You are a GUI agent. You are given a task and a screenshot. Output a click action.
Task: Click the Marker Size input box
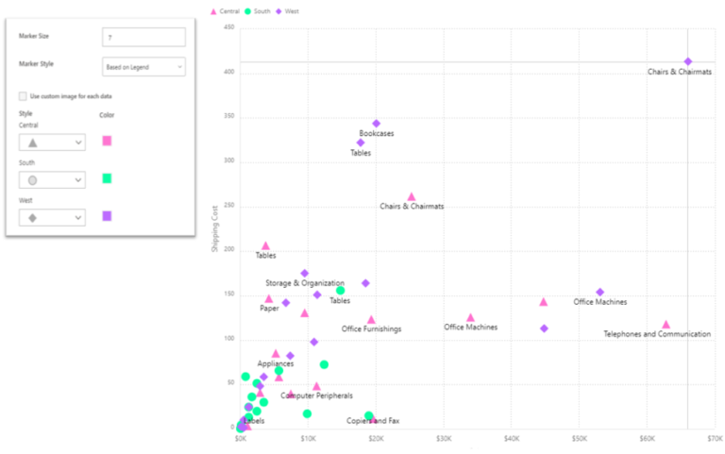tap(143, 37)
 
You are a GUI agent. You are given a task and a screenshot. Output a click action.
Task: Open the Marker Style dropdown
tap(143, 67)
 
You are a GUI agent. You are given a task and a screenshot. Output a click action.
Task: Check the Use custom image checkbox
tap(23, 96)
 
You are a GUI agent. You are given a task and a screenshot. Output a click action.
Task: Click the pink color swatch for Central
tap(108, 141)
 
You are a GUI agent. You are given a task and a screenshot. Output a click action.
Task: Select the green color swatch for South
tap(108, 178)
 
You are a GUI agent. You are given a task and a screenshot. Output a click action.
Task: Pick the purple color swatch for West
tap(108, 216)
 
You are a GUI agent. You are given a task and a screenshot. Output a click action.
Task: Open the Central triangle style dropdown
tap(52, 143)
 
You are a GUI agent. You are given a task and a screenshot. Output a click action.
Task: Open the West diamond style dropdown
tap(52, 217)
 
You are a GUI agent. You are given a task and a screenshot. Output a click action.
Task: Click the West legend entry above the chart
tap(289, 10)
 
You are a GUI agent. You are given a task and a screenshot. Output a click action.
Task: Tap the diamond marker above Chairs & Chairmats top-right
tap(688, 61)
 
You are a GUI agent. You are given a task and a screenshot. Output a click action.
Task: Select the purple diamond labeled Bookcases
tap(377, 124)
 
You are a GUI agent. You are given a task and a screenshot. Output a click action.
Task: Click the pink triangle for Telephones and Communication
tap(666, 325)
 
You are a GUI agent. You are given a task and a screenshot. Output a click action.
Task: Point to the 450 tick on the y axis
tap(228, 28)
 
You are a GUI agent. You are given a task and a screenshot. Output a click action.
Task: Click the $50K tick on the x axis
tap(580, 439)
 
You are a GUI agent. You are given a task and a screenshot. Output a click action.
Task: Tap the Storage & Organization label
tap(305, 283)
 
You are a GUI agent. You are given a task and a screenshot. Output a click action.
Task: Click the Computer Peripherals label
tap(316, 395)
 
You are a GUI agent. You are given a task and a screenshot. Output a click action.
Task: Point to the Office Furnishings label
tap(371, 329)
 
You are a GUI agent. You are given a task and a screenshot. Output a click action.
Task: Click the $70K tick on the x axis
tap(715, 439)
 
